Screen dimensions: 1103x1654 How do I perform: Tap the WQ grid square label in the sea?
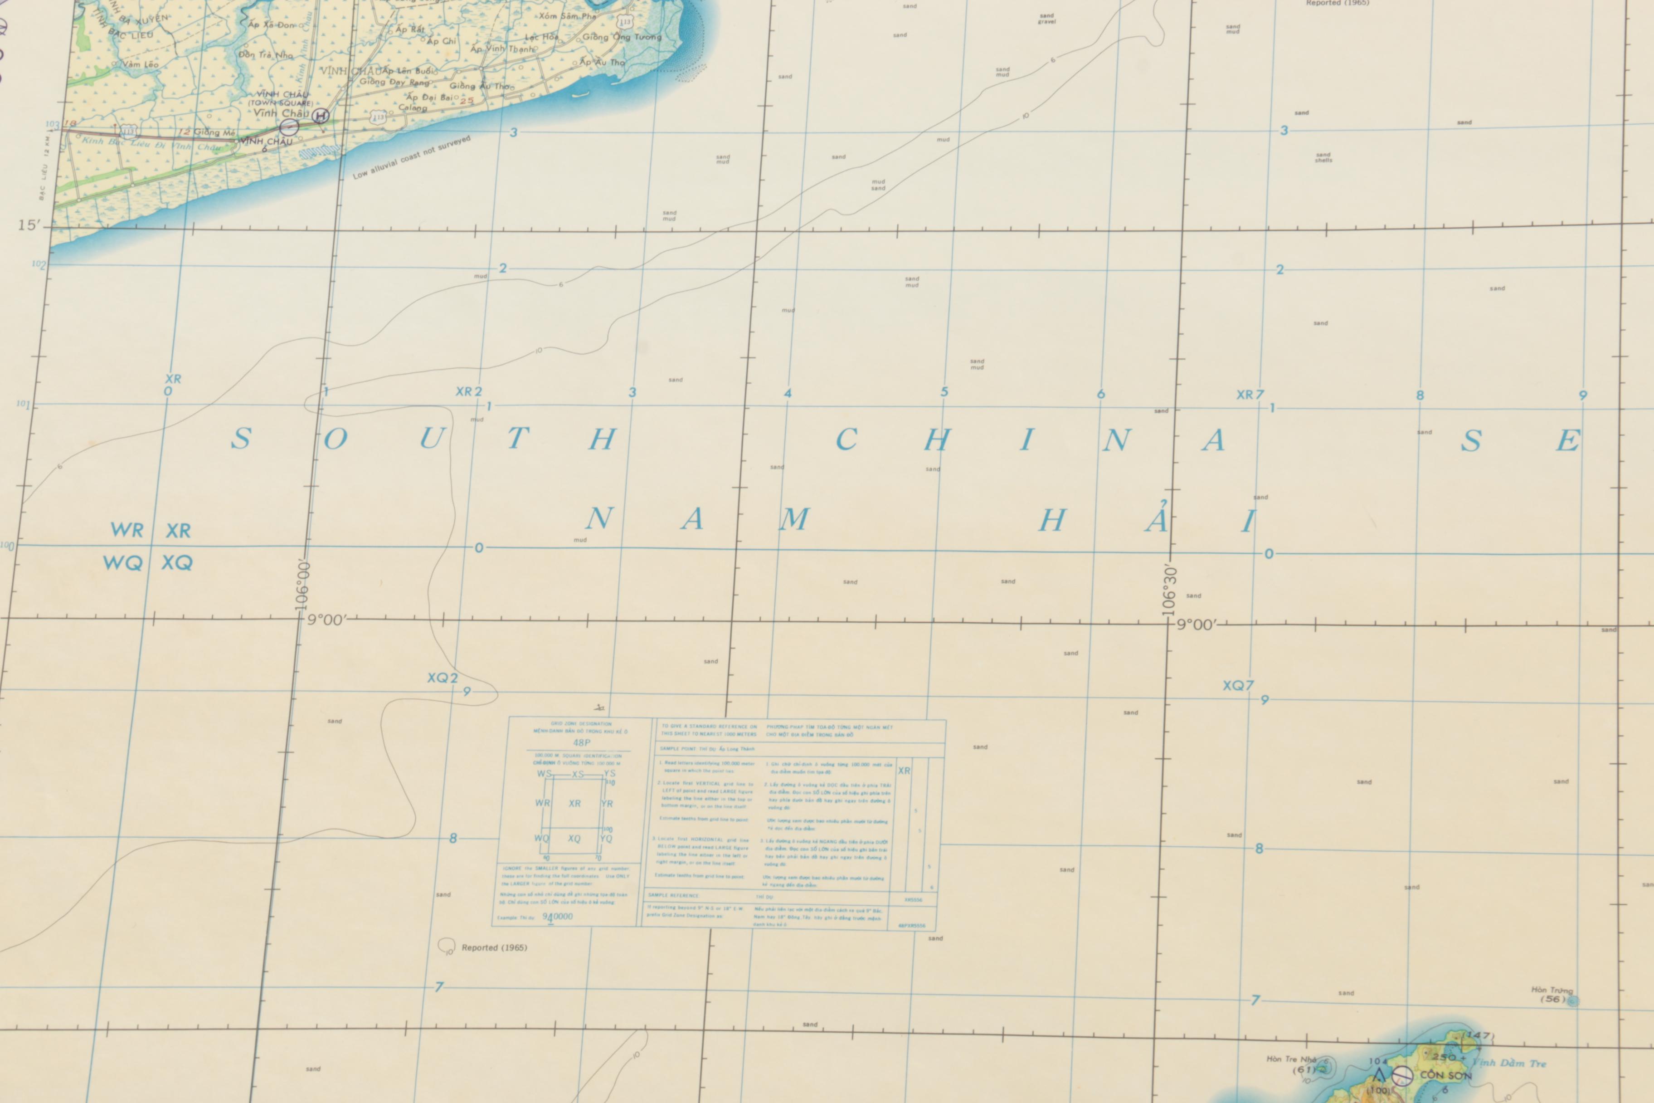pos(122,563)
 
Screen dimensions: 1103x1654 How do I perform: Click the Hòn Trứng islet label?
pos(1552,991)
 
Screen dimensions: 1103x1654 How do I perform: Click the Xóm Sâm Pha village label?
pos(567,15)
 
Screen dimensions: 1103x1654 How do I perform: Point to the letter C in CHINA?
pos(846,440)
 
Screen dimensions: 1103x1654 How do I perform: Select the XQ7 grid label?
pos(1238,685)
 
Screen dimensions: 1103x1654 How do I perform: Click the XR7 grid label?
pos(1250,395)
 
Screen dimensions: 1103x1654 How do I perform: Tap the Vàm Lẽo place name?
pos(140,64)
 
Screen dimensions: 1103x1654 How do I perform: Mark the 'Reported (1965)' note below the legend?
pos(494,947)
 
